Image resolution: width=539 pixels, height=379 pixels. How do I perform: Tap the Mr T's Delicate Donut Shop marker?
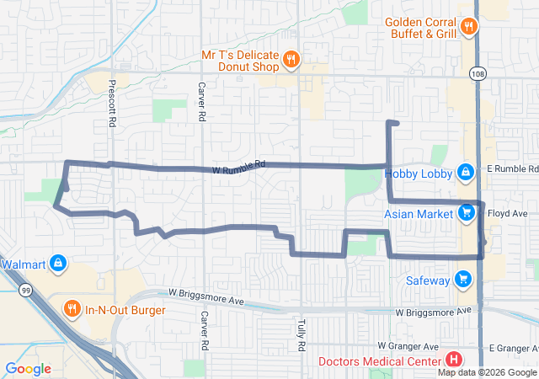pyautogui.click(x=291, y=59)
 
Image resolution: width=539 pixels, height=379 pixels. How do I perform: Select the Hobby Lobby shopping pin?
pyautogui.click(x=465, y=173)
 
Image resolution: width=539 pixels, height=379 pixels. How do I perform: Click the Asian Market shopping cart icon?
pyautogui.click(x=467, y=213)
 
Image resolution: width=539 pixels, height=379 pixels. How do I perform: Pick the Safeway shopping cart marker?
pyautogui.click(x=462, y=279)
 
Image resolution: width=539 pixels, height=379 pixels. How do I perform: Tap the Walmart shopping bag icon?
pyautogui.click(x=56, y=264)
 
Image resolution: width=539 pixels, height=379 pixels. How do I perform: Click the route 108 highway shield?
pyautogui.click(x=478, y=73)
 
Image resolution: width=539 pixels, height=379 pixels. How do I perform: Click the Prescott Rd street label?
pyautogui.click(x=111, y=103)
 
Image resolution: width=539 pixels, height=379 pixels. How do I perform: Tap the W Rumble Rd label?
pyautogui.click(x=238, y=166)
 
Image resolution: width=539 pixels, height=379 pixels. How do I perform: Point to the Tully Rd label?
pyautogui.click(x=301, y=335)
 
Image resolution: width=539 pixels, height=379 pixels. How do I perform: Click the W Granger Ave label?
pyautogui.click(x=408, y=346)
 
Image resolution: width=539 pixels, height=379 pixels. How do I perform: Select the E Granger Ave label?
pyautogui.click(x=513, y=348)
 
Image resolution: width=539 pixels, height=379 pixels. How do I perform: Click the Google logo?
pyautogui.click(x=28, y=369)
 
